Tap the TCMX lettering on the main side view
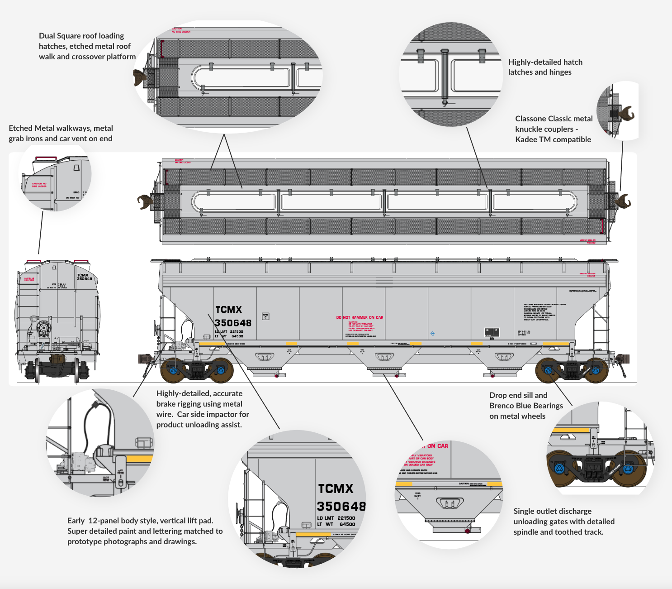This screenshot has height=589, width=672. pos(229,310)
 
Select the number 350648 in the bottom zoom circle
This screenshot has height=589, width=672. pos(341,506)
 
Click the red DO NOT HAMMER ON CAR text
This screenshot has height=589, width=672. pos(360,317)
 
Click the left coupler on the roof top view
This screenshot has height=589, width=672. pos(145,202)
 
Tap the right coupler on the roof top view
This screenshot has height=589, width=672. pos(624,201)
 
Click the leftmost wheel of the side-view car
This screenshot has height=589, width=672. pos(173,370)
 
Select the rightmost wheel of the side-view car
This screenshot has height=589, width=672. pos(596,370)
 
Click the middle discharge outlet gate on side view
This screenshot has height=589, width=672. pos(384,357)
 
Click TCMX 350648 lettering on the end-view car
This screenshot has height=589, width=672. pos(84,277)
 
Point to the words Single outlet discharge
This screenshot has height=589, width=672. pos(552,511)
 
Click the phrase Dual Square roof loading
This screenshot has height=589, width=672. pos(81,36)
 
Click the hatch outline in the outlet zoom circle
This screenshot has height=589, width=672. pos(450,503)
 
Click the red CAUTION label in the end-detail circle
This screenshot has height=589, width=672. pos(39,185)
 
